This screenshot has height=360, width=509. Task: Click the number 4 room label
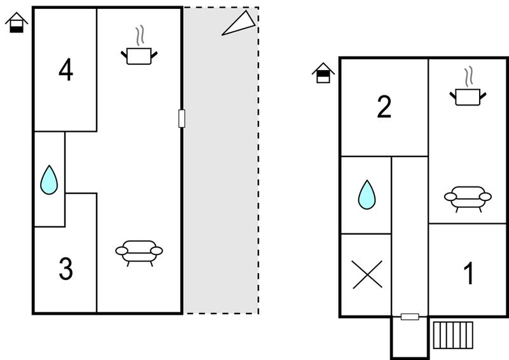[x=66, y=69]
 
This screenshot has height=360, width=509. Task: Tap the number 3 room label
[x=66, y=268]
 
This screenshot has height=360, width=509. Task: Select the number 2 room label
[x=384, y=107]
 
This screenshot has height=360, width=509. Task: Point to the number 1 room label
[x=469, y=273]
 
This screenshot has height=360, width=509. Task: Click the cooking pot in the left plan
[x=139, y=56]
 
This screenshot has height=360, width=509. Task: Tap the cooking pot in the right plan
[x=468, y=97]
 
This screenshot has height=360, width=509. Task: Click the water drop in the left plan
[x=49, y=180]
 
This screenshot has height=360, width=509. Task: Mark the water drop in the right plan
[x=367, y=195]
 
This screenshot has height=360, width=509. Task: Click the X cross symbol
[x=367, y=275]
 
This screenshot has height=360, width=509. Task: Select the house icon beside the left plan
[x=17, y=22]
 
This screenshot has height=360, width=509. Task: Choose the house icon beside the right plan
[x=323, y=73]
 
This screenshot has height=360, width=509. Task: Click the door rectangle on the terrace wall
[x=182, y=118]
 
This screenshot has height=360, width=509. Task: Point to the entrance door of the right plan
[x=410, y=317]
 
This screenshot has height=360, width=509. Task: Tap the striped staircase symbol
[x=453, y=335]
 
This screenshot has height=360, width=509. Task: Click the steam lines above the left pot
[x=140, y=35]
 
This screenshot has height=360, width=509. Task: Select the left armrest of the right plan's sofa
[x=450, y=197]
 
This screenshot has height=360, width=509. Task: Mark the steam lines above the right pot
[x=468, y=76]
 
